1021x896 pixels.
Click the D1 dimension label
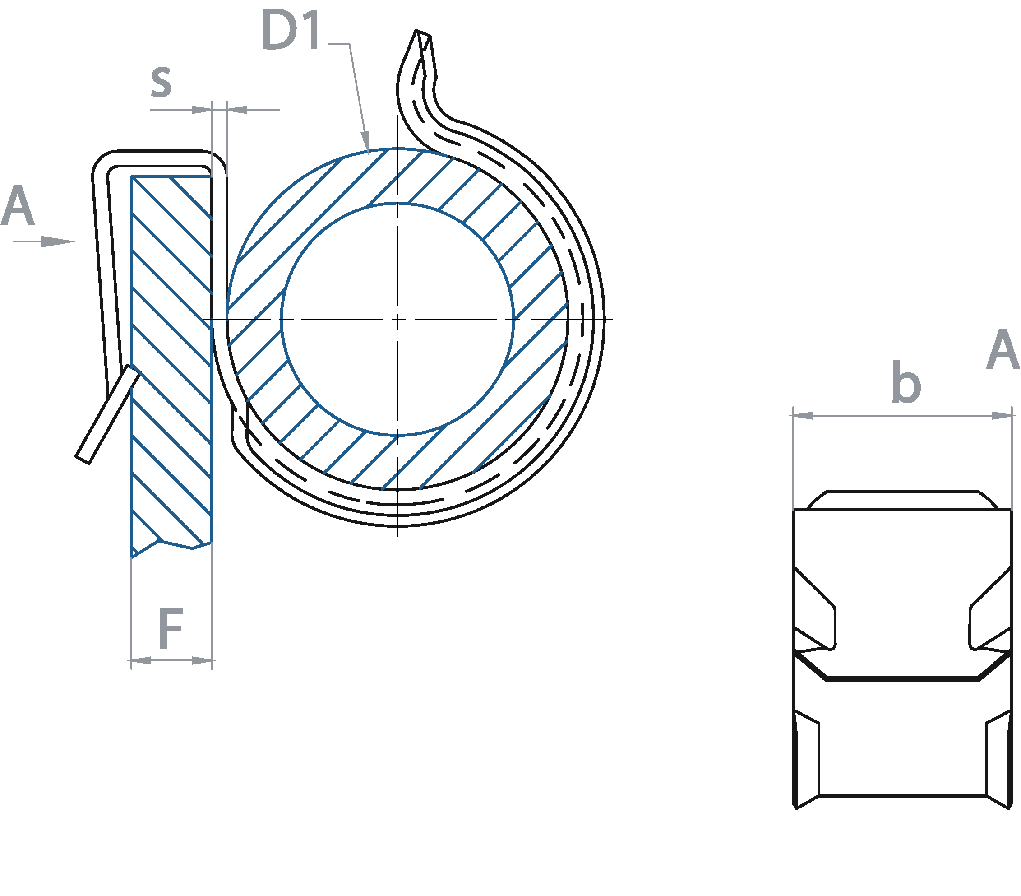(x=291, y=32)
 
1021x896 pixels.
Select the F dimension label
(x=171, y=629)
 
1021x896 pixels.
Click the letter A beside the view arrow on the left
(x=18, y=206)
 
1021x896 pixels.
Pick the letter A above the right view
(x=1002, y=350)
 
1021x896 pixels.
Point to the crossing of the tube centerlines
(x=397, y=319)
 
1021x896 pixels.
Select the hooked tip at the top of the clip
(x=422, y=37)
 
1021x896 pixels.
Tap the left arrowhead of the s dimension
(x=202, y=109)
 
